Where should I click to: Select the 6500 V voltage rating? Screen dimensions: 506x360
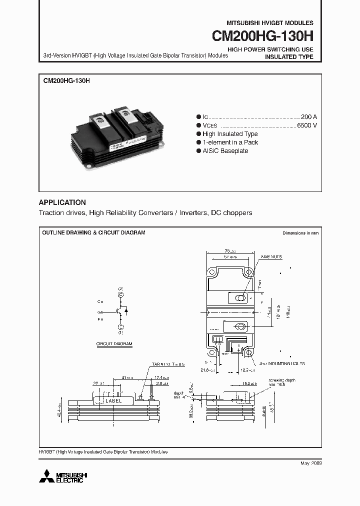pos(306,125)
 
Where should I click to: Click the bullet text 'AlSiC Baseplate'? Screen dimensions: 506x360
pos(225,151)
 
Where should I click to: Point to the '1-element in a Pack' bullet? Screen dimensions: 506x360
pos(230,142)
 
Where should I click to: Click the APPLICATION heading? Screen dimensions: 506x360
pos(62,202)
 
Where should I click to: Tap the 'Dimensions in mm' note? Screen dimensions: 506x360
pos(300,233)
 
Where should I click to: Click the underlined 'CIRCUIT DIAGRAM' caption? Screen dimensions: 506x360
pos(114,344)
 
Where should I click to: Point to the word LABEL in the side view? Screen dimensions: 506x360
pos(114,400)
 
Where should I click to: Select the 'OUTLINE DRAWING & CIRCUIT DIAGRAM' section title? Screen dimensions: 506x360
pos(93,233)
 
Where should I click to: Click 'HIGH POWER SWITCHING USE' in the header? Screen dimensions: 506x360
pos(270,49)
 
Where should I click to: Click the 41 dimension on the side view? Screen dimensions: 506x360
pos(123,378)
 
